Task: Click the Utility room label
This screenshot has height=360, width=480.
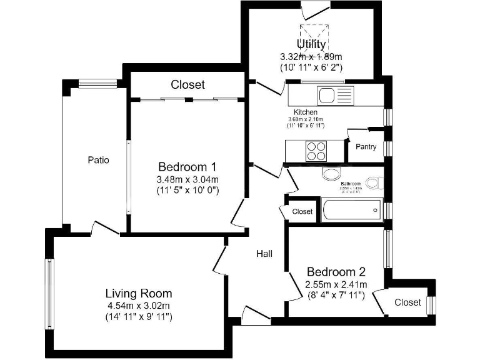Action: click(x=311, y=44)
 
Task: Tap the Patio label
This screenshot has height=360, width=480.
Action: click(x=98, y=160)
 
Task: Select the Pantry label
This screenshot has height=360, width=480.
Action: click(x=366, y=147)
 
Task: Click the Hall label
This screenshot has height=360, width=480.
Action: click(x=264, y=254)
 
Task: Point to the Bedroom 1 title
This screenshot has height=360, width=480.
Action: click(x=187, y=167)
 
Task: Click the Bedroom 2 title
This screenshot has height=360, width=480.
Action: click(x=336, y=272)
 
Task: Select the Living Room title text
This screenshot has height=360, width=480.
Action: click(x=139, y=293)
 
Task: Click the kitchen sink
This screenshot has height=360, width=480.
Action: click(x=327, y=96)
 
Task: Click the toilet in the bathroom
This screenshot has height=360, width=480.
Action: click(x=374, y=183)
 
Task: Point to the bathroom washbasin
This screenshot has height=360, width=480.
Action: click(x=331, y=173)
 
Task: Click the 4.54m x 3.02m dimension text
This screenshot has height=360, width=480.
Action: click(x=139, y=306)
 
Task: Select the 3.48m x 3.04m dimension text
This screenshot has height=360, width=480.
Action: click(x=187, y=179)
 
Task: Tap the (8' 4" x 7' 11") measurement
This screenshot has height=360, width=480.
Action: click(x=336, y=296)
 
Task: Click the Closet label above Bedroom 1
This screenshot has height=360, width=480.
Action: click(x=187, y=84)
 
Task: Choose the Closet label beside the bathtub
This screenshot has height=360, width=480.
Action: click(x=302, y=212)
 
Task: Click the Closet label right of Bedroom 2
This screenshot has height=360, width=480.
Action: click(x=407, y=302)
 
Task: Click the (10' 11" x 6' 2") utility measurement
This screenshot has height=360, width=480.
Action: click(x=311, y=66)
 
